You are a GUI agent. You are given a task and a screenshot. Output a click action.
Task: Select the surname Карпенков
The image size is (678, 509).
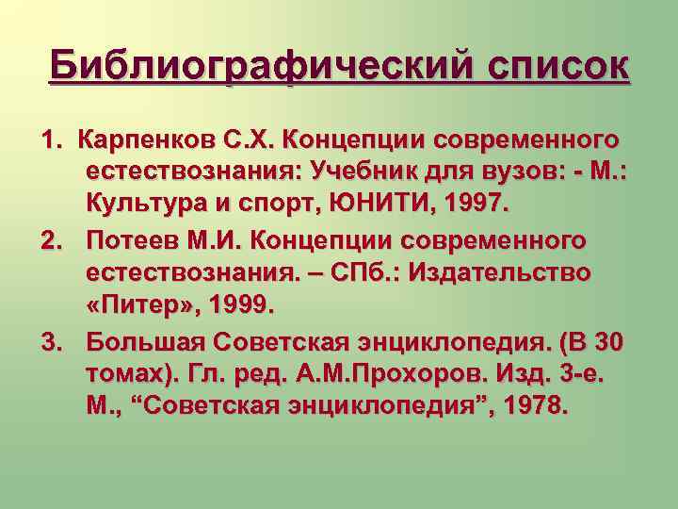point(158,140)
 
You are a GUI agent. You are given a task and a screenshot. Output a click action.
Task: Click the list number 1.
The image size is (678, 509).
point(48,140)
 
